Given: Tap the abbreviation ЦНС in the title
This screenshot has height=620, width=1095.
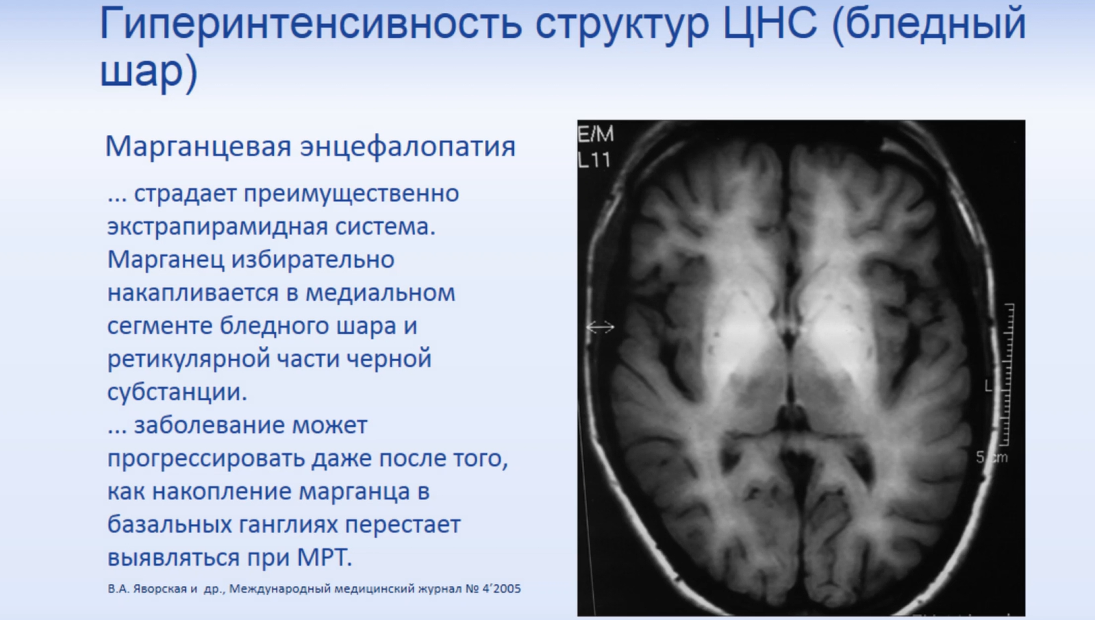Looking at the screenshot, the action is (x=770, y=23).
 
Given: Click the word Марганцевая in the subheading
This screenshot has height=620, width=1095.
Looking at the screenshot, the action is (x=198, y=147).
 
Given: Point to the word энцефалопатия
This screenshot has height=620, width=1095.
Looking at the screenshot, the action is (x=407, y=147).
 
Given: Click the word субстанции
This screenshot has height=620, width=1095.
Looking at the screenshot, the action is (x=177, y=392).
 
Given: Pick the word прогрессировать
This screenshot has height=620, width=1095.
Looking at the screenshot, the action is (x=206, y=458).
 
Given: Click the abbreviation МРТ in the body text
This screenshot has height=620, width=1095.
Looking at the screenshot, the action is (x=324, y=558).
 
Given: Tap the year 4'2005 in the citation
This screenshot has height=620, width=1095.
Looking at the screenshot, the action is (x=501, y=588).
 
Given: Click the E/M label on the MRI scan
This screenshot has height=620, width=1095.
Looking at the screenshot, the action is (x=595, y=134).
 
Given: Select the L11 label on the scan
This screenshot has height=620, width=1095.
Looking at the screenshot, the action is (x=594, y=160).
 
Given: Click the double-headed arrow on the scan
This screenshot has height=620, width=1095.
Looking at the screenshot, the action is (x=600, y=327).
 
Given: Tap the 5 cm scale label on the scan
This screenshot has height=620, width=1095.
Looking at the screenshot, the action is (x=992, y=458).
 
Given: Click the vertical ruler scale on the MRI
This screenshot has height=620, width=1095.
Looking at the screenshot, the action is (x=1008, y=375).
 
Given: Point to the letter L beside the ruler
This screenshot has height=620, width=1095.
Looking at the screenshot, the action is (x=988, y=386).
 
